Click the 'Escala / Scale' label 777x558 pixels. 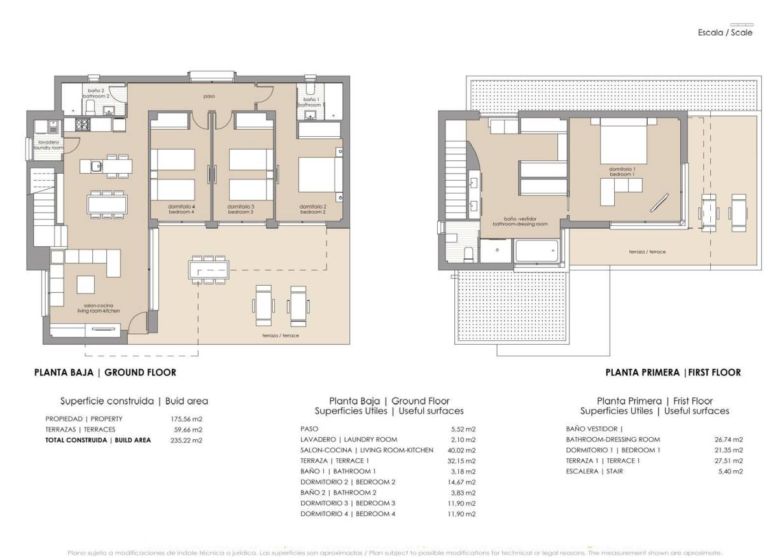point(725,32)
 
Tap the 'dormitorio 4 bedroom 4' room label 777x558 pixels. point(181,209)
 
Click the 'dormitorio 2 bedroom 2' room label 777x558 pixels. point(312,209)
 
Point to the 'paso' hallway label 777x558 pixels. point(209,97)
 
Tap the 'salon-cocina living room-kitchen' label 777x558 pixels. point(98,308)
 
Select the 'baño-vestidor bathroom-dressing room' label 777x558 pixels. point(520,221)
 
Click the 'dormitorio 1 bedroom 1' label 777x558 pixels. point(622,172)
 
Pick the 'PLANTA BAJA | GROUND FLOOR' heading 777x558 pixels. point(105,372)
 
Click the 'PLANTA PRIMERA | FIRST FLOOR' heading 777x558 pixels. point(673,373)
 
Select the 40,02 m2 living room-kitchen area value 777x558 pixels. point(461,450)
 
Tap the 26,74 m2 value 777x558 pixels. point(729,439)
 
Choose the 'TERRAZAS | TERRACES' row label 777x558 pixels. point(80,429)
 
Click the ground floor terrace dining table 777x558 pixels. point(209,270)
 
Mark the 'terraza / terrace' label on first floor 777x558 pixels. point(647,252)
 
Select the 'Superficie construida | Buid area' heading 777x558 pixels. point(134,401)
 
